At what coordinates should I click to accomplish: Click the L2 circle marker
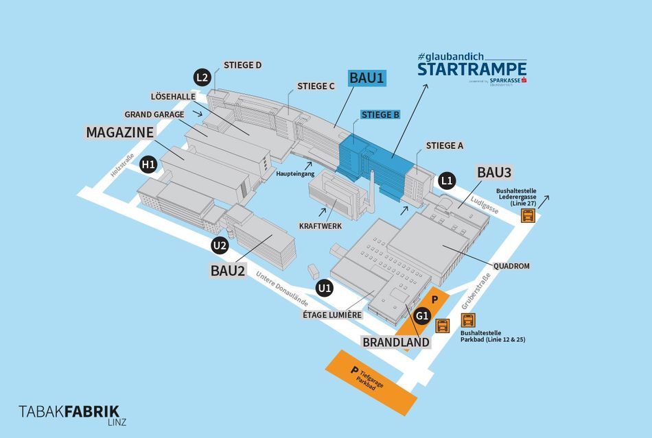coord(201,77)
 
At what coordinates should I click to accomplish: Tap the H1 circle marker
coord(148,165)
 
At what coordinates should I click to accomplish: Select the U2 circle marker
coord(220,245)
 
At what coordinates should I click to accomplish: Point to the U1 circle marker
coord(324,288)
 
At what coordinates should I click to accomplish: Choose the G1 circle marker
coord(423,317)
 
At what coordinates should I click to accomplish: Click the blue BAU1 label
coord(366,78)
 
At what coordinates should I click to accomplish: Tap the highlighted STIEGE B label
coord(380,114)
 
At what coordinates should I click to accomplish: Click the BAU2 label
coord(228,270)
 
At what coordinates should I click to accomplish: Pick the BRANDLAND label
coord(396,342)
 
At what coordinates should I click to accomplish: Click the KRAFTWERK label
coord(321,226)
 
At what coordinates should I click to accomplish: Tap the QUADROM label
coord(511,266)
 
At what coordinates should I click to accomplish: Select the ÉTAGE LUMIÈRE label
coord(332,315)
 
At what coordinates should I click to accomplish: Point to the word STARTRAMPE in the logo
coord(472,69)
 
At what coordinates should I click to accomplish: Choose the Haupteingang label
coord(296,173)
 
